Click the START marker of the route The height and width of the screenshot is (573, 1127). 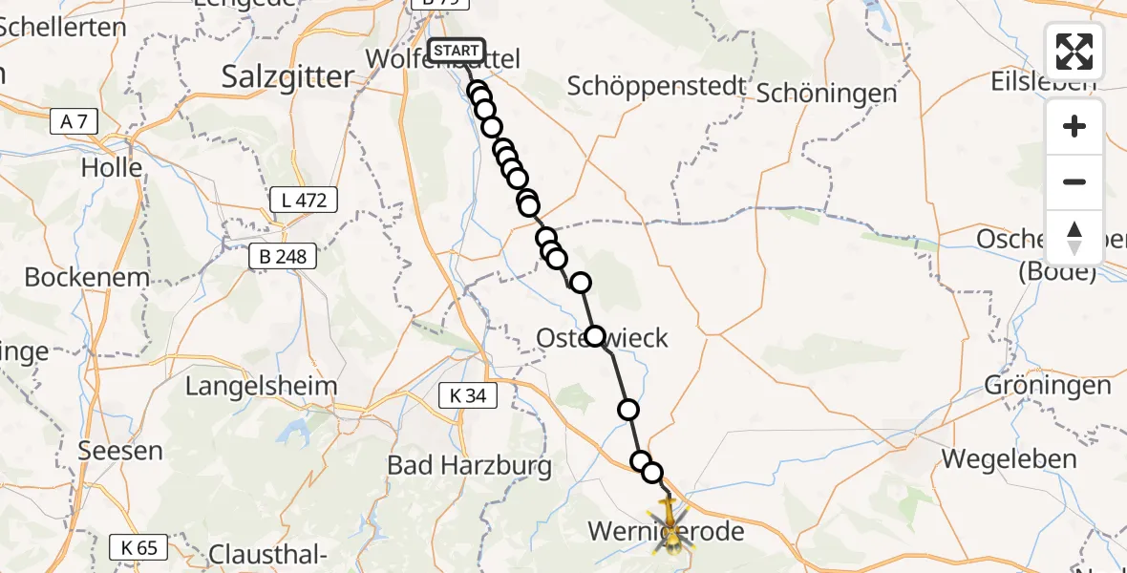pos(457,51)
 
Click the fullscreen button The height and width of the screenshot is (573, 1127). pos(1074,52)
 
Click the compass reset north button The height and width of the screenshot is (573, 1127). pos(1074,238)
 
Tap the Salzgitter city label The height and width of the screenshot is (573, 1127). pos(287,77)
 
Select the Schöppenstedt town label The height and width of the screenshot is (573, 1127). pos(656,86)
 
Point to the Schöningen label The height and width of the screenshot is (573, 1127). pos(827,93)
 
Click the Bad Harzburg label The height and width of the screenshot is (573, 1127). pos(469,465)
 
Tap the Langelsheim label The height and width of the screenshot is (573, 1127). pos(261,386)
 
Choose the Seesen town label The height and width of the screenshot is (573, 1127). pos(120,449)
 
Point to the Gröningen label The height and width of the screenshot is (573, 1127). pos(1048,385)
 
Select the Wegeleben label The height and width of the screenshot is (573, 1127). pos(1009,458)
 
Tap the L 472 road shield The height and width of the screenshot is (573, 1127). pos(304,200)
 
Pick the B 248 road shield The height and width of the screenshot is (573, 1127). pos(282,256)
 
